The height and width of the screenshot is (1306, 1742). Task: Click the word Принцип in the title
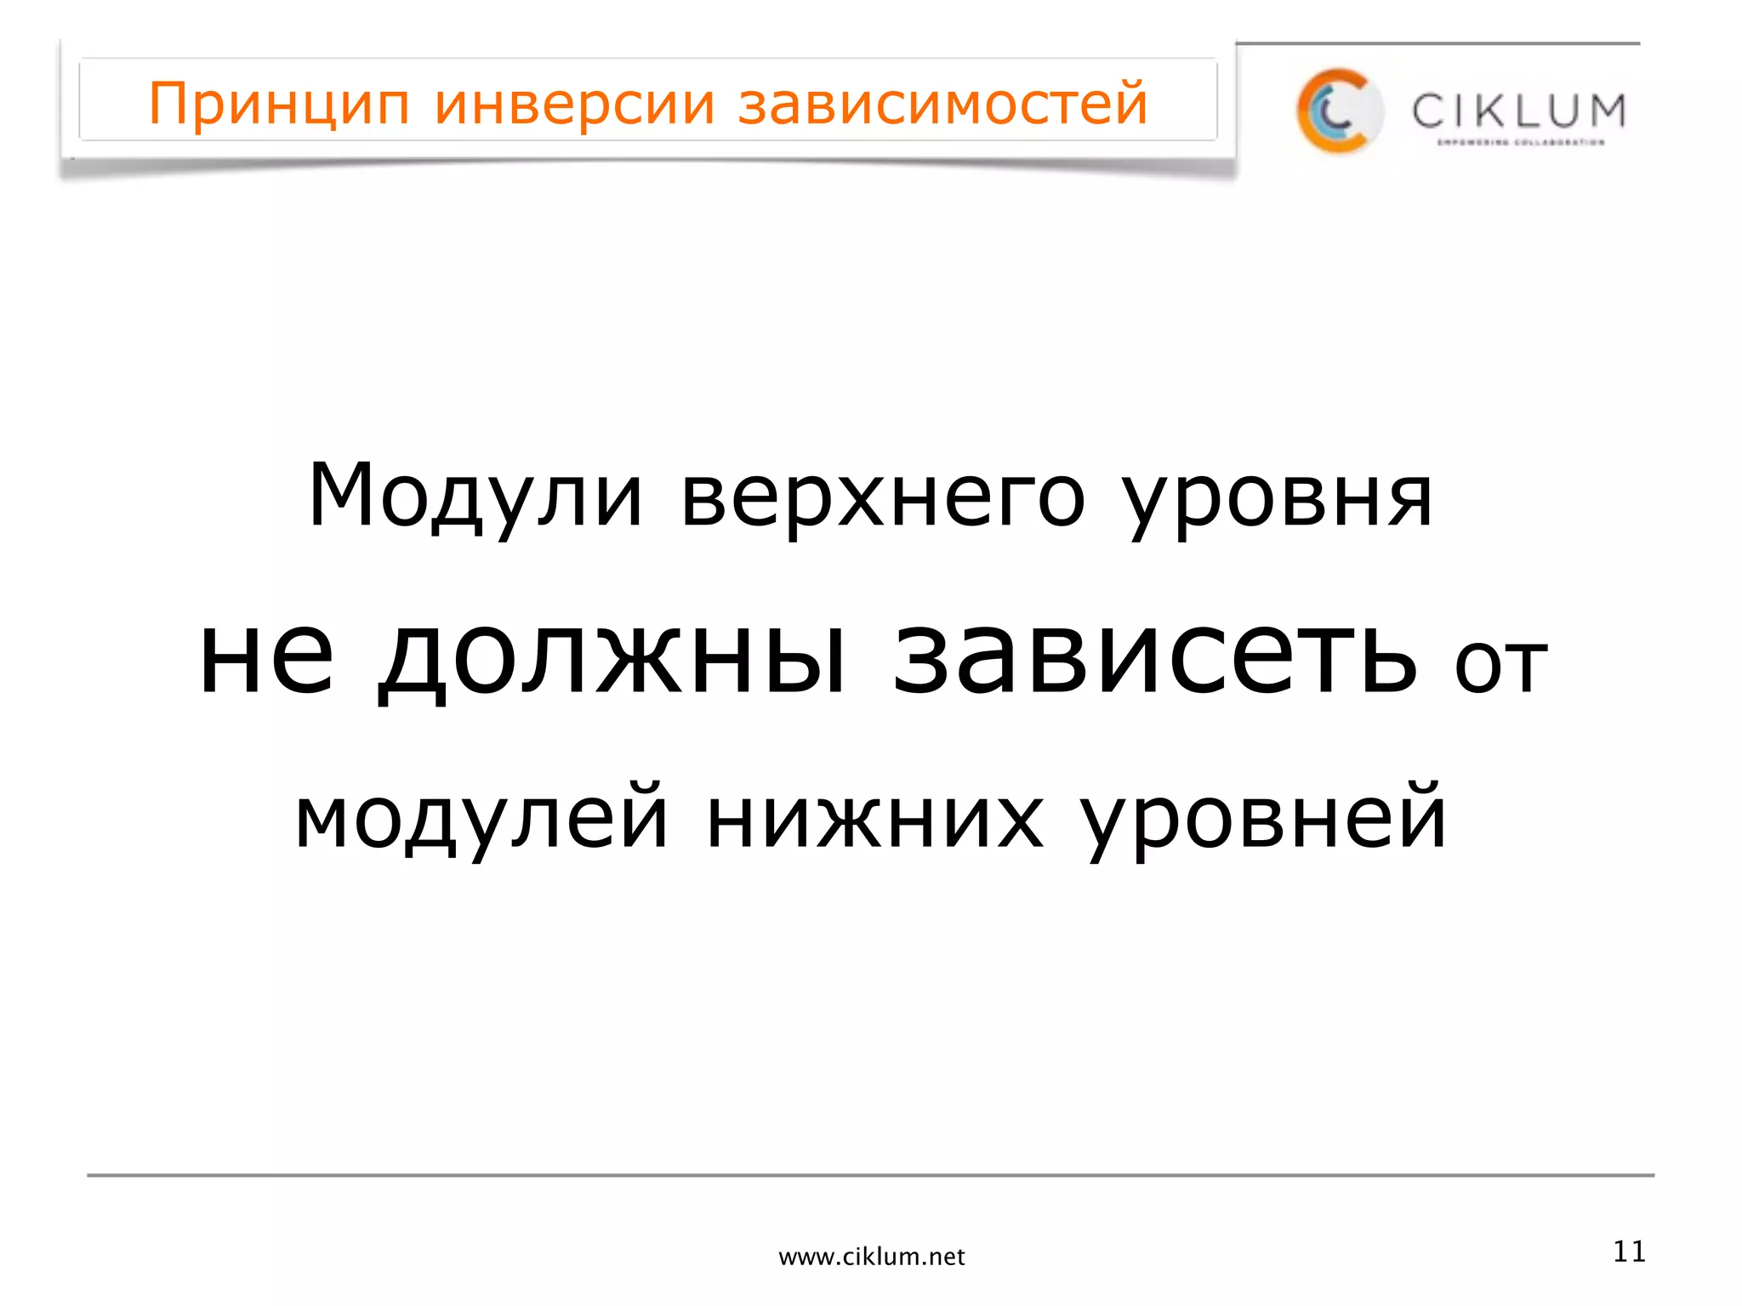[279, 105]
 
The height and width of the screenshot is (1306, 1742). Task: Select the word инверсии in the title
[574, 105]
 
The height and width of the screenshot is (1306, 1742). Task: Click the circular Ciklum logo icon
[1338, 111]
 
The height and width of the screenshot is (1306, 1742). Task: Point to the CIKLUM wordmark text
[1519, 111]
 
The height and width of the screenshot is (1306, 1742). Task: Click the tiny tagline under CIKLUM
[1520, 143]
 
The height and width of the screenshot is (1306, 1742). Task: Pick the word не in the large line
[266, 658]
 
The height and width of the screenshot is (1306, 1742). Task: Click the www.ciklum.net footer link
[872, 1257]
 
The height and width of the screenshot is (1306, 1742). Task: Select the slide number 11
[1629, 1252]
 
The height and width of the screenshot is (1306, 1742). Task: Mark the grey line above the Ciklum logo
[1437, 43]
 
